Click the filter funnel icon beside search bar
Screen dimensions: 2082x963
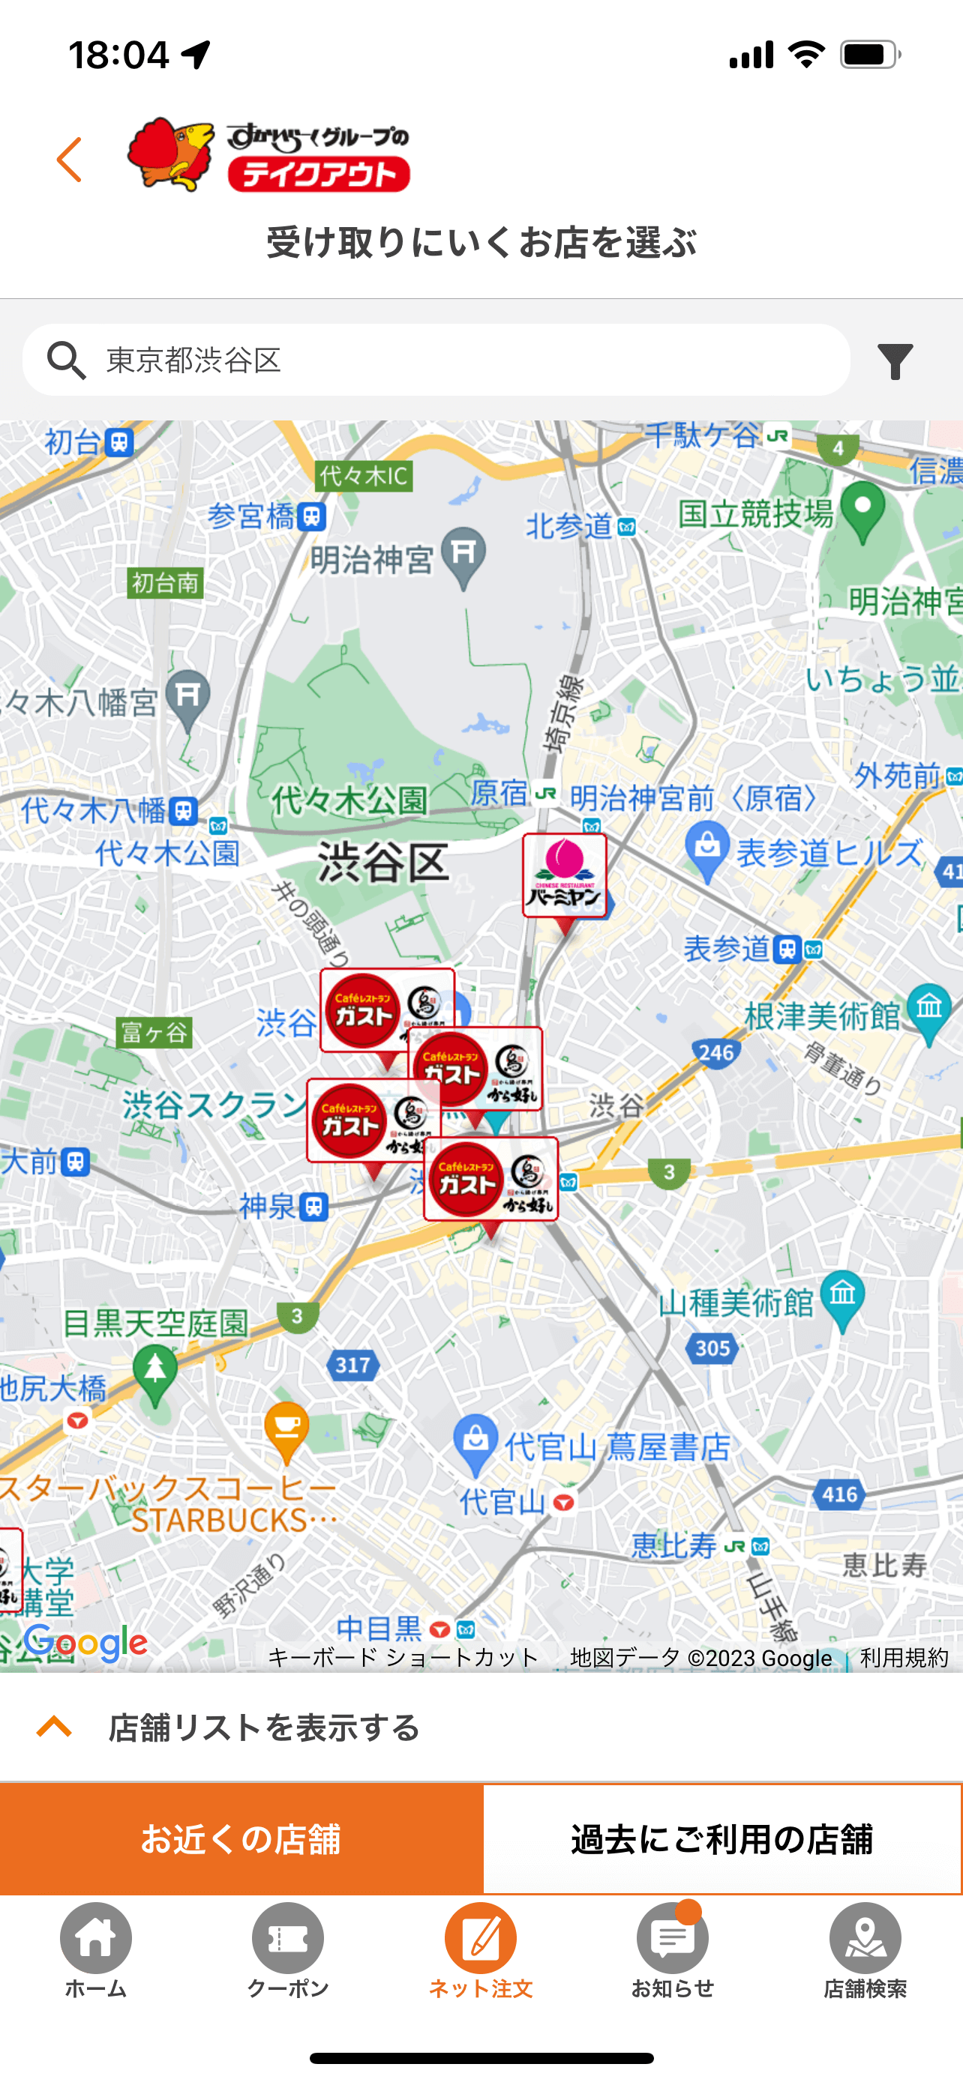(895, 360)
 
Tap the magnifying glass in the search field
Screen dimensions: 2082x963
(66, 360)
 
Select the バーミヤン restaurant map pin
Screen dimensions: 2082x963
(565, 877)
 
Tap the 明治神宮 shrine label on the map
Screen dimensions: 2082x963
(372, 559)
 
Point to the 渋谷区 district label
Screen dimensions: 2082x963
(382, 863)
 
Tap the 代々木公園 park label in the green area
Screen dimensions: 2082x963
(349, 800)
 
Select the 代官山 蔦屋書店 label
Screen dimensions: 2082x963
(618, 1446)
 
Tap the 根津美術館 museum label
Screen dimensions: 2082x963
(821, 1016)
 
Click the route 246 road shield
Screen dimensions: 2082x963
(715, 1052)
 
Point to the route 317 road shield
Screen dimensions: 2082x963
(353, 1365)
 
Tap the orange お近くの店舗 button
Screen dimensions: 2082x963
(241, 1838)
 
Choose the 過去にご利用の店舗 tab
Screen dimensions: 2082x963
(722, 1838)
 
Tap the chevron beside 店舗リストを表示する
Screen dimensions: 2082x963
(54, 1728)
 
